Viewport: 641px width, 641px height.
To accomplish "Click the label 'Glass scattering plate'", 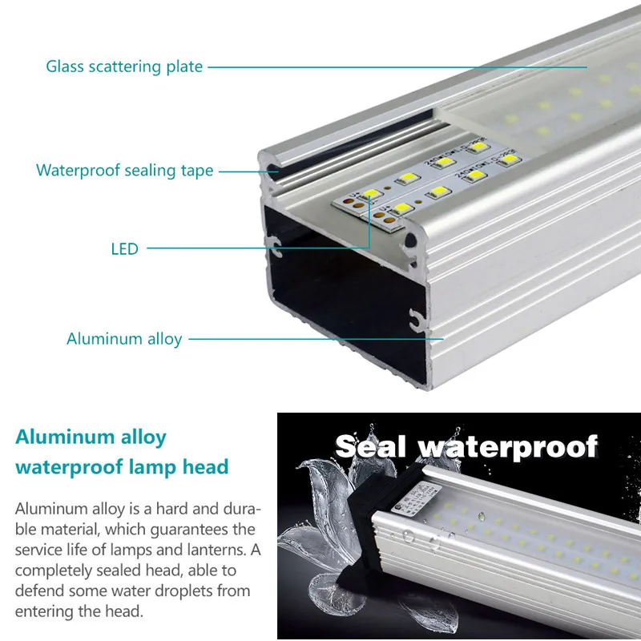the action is click(124, 67).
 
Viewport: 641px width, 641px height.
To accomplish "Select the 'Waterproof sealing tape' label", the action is click(125, 171).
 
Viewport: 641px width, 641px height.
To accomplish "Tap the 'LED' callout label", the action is click(124, 249).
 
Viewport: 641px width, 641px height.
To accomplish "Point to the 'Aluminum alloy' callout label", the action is click(124, 339).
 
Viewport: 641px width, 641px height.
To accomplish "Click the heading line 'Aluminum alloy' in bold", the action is click(91, 437).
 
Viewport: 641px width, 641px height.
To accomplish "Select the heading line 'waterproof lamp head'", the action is click(122, 466).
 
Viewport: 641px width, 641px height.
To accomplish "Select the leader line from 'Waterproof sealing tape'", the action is click(244, 171).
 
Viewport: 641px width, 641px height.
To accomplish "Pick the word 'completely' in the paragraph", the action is click(53, 571).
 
